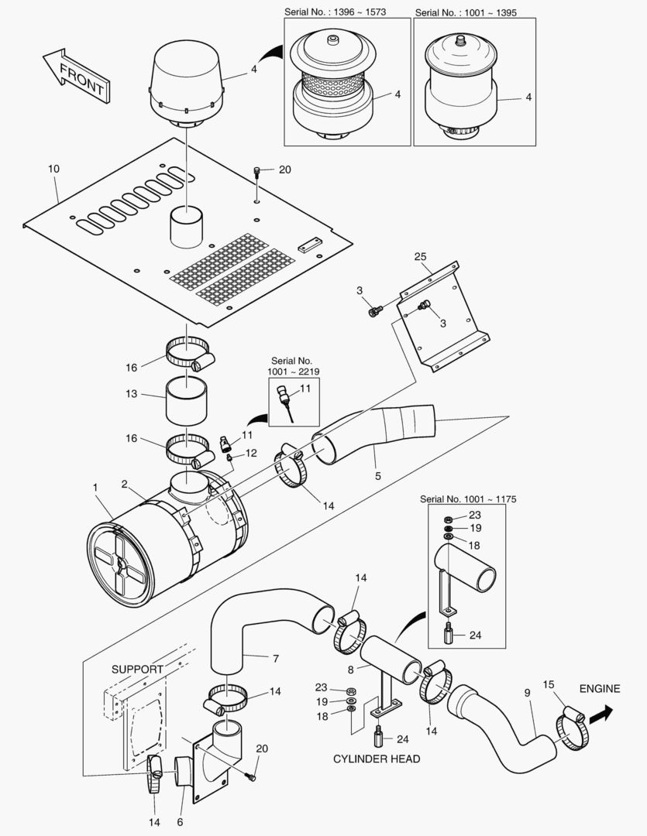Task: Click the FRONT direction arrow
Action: (x=75, y=78)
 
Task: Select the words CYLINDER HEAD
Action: (x=377, y=759)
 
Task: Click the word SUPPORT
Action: (x=137, y=669)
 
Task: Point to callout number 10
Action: (x=53, y=168)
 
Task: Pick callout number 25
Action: (x=420, y=256)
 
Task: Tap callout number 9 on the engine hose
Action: (x=528, y=694)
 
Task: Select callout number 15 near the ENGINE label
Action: (x=549, y=684)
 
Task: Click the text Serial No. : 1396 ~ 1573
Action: (x=347, y=13)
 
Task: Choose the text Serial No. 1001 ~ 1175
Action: (x=467, y=499)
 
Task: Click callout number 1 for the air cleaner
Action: (x=95, y=488)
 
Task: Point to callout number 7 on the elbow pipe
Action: (x=274, y=659)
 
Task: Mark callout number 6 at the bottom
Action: (x=181, y=821)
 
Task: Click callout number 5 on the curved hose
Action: (x=377, y=476)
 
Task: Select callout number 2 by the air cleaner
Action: (x=123, y=485)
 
